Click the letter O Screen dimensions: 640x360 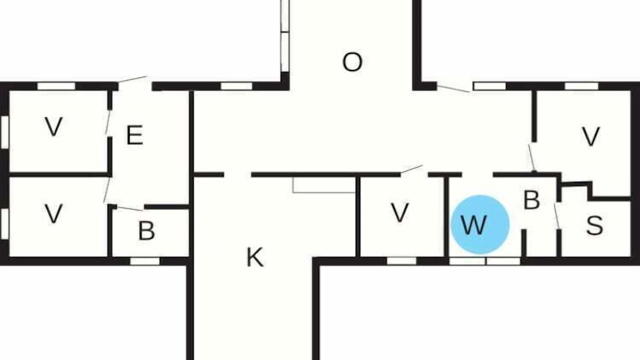pyautogui.click(x=352, y=61)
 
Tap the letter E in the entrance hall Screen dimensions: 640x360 pyautogui.click(x=134, y=135)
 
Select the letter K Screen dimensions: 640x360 pyautogui.click(x=255, y=257)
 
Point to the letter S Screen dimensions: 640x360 pyautogui.click(x=594, y=225)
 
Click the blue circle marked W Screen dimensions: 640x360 pyautogui.click(x=480, y=224)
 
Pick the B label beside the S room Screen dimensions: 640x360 pyautogui.click(x=531, y=199)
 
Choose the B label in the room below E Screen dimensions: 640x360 pyautogui.click(x=146, y=230)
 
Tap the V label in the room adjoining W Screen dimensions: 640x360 pyautogui.click(x=400, y=212)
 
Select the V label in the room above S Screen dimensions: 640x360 pyautogui.click(x=590, y=136)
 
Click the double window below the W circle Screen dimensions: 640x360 pyautogui.click(x=485, y=261)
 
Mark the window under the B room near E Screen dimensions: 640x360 pyautogui.click(x=145, y=261)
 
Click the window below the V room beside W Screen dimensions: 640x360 pyautogui.click(x=401, y=261)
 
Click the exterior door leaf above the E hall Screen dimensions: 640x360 pyautogui.click(x=132, y=79)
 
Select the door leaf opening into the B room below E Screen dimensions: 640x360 pyautogui.click(x=130, y=208)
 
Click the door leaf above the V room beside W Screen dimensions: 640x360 pyautogui.click(x=411, y=169)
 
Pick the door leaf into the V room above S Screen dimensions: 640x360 pyautogui.click(x=532, y=158)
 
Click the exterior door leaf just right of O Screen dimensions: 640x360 pyautogui.click(x=453, y=88)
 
